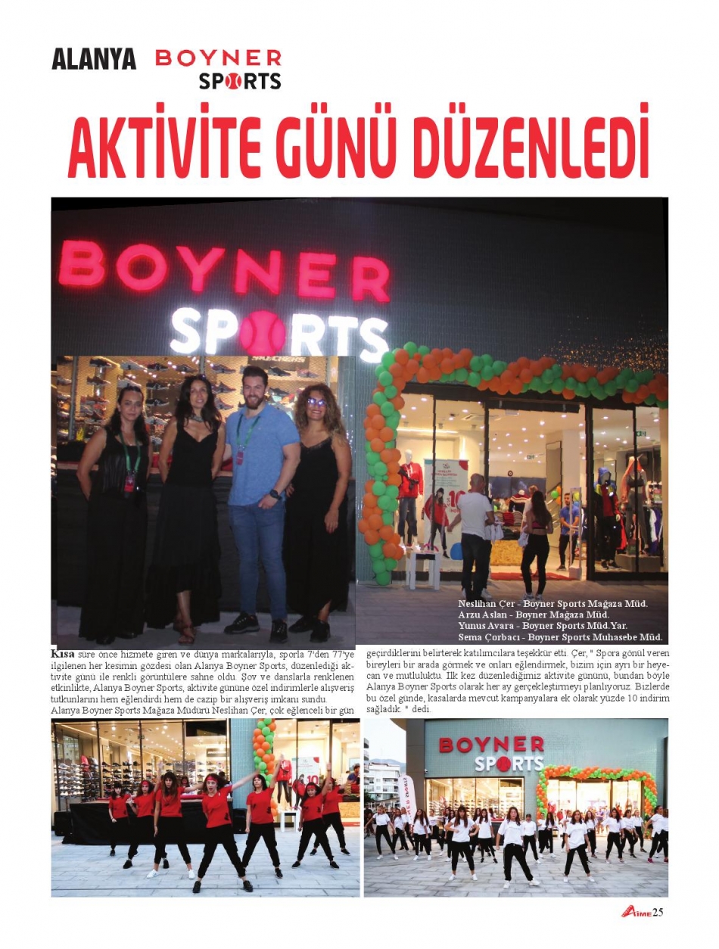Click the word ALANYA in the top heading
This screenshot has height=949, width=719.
[x=94, y=59]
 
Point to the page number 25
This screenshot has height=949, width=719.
[x=658, y=912]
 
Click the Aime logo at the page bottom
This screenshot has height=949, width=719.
[x=636, y=912]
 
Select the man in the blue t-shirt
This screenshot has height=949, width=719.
[x=260, y=492]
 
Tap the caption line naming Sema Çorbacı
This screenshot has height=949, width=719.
[x=560, y=637]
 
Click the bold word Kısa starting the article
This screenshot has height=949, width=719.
[x=62, y=652]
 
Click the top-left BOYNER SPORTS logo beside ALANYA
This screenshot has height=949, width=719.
[x=219, y=69]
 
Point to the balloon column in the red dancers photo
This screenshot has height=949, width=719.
[x=264, y=749]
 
